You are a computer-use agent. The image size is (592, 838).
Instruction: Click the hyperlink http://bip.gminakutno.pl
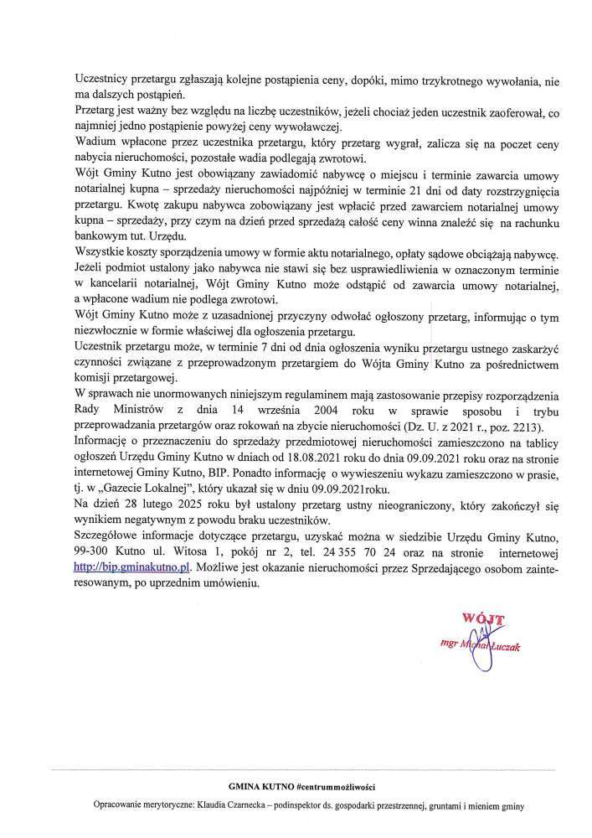pos(127,566)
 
